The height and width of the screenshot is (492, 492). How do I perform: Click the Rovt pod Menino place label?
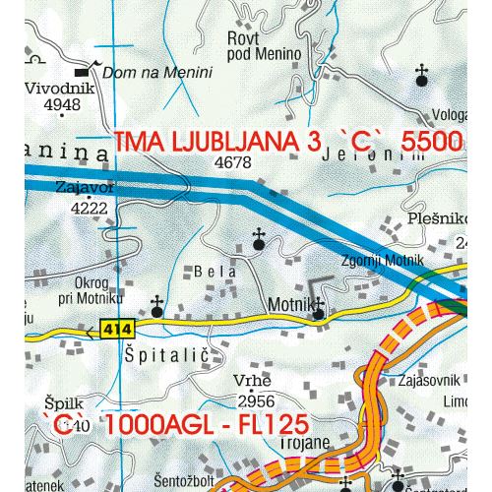click(x=254, y=46)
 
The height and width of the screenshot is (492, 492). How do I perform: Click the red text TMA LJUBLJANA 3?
click(x=216, y=143)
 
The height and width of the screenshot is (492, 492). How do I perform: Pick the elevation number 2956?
click(x=256, y=400)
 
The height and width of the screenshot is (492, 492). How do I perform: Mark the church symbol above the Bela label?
click(x=259, y=237)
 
